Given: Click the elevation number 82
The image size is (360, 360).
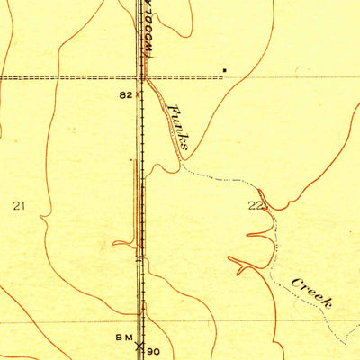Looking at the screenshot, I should tap(125, 94).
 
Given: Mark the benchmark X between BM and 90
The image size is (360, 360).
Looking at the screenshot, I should tap(139, 346).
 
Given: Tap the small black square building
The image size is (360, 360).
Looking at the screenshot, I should tap(225, 69).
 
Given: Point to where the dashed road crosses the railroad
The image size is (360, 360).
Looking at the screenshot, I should tap(139, 77).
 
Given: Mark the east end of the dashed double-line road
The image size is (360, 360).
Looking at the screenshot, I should tap(221, 77).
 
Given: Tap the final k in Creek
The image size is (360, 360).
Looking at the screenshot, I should tap(328, 303).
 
